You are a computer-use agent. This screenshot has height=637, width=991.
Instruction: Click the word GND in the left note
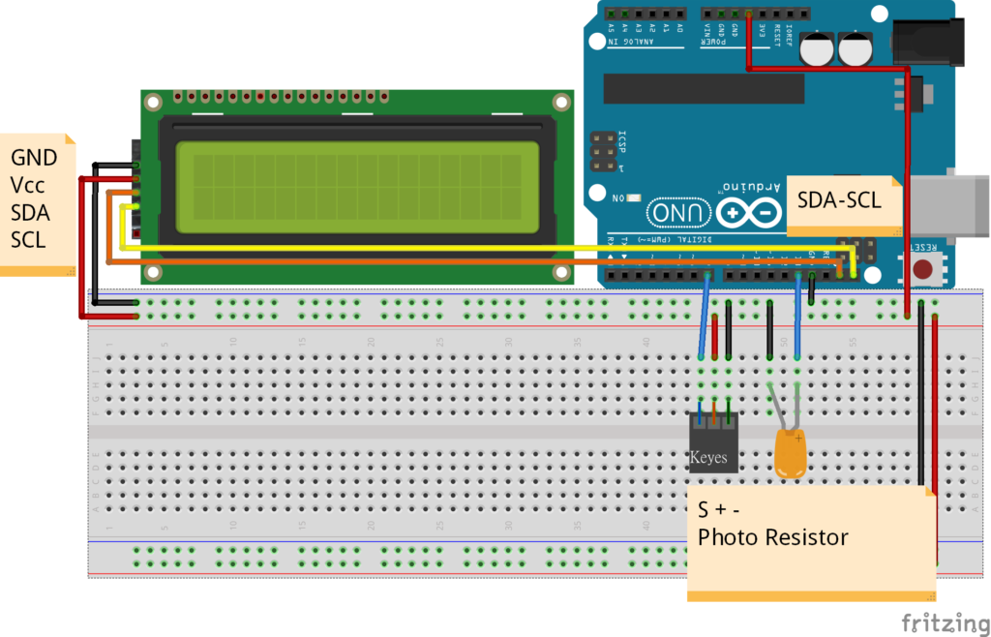coord(34,158)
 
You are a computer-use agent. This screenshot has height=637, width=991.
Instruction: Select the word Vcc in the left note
coord(29,185)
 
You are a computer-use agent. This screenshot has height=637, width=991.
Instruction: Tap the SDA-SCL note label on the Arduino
coord(839,200)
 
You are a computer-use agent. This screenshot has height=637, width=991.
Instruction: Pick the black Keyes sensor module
coord(713,443)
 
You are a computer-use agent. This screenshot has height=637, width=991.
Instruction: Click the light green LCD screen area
coord(357,188)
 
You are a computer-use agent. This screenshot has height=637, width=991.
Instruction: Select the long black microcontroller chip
coord(704,88)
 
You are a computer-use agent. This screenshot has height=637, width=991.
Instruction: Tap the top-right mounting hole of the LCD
coord(560,102)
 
